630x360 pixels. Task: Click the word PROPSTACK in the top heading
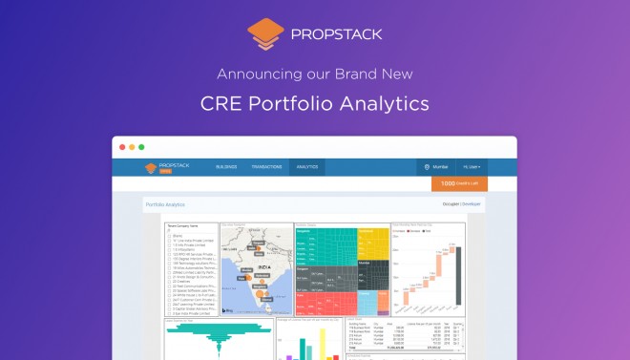(334, 34)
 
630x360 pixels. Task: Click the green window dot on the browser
(141, 147)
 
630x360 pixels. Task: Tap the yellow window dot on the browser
(131, 147)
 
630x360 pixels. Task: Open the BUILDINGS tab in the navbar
(226, 167)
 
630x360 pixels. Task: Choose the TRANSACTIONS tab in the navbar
(266, 167)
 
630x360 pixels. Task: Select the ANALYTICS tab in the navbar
(306, 167)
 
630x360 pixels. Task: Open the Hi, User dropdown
(472, 167)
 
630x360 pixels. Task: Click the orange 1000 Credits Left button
(459, 183)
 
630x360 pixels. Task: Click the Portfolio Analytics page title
(165, 204)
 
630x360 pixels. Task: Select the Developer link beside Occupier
(472, 204)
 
